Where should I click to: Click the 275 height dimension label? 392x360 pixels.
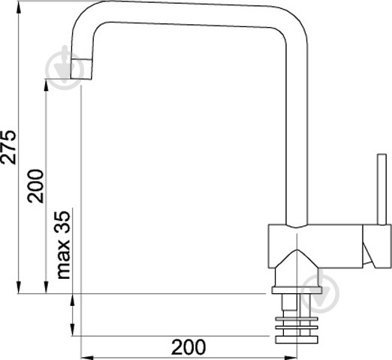click(x=8, y=147)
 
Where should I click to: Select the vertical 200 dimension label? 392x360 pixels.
click(x=35, y=186)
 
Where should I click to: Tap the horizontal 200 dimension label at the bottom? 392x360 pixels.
click(x=188, y=347)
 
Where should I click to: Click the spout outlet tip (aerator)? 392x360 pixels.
click(x=81, y=69)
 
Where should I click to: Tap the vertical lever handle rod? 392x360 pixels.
click(x=382, y=189)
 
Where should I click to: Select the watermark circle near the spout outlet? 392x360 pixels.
click(x=65, y=68)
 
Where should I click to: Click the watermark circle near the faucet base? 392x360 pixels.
click(x=320, y=294)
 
